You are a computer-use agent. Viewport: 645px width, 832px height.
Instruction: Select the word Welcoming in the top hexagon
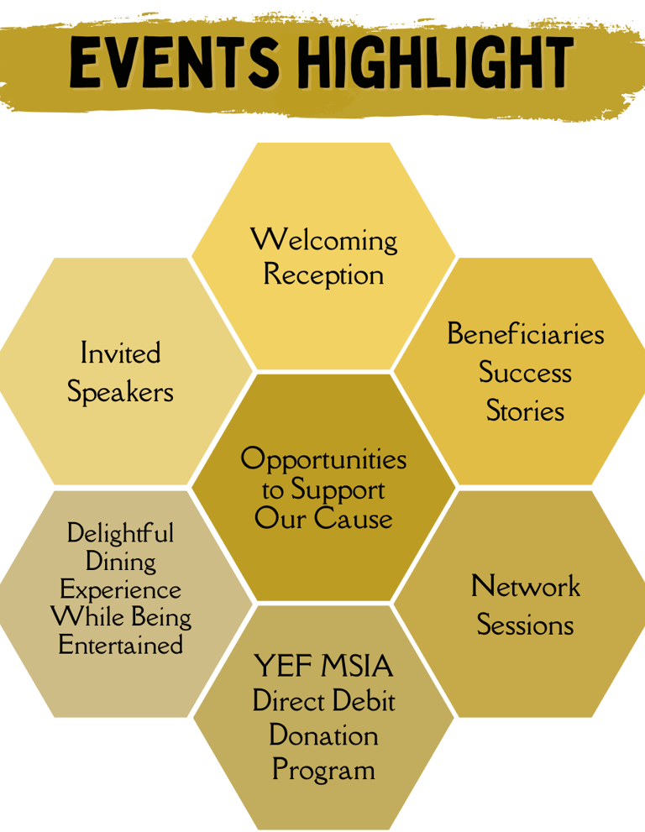(324, 240)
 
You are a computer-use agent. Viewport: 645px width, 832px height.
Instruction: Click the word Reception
(323, 275)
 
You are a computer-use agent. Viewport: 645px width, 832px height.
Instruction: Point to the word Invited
(120, 353)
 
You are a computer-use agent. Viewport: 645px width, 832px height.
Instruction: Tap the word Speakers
(120, 392)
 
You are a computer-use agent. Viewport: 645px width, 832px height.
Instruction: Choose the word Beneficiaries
(525, 334)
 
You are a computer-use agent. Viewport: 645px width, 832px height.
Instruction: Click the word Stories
(525, 411)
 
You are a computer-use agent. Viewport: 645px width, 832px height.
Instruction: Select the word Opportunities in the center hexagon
(323, 459)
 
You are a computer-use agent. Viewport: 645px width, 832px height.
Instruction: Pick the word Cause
(353, 518)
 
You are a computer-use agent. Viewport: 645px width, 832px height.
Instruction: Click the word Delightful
(120, 533)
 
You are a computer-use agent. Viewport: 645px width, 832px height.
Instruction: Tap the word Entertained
(120, 645)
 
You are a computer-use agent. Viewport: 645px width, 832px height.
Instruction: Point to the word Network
(525, 586)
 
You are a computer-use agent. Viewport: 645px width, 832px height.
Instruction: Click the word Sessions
(525, 625)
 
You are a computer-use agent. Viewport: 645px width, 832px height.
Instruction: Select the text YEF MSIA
(323, 667)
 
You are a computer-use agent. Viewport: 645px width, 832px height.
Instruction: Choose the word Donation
(323, 735)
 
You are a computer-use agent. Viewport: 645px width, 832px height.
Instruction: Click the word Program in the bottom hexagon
(323, 770)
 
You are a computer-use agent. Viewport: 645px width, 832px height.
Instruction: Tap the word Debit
(361, 701)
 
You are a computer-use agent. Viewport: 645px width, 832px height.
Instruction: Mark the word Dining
(120, 562)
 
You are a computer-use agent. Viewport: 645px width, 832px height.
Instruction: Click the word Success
(525, 373)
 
